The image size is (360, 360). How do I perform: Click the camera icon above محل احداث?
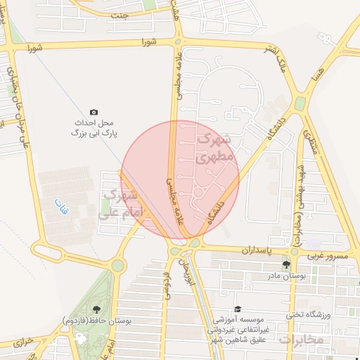tap(94, 112)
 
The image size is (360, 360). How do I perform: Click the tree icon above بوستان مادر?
tap(286, 265)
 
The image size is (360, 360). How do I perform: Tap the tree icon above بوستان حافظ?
tap(96, 309)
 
